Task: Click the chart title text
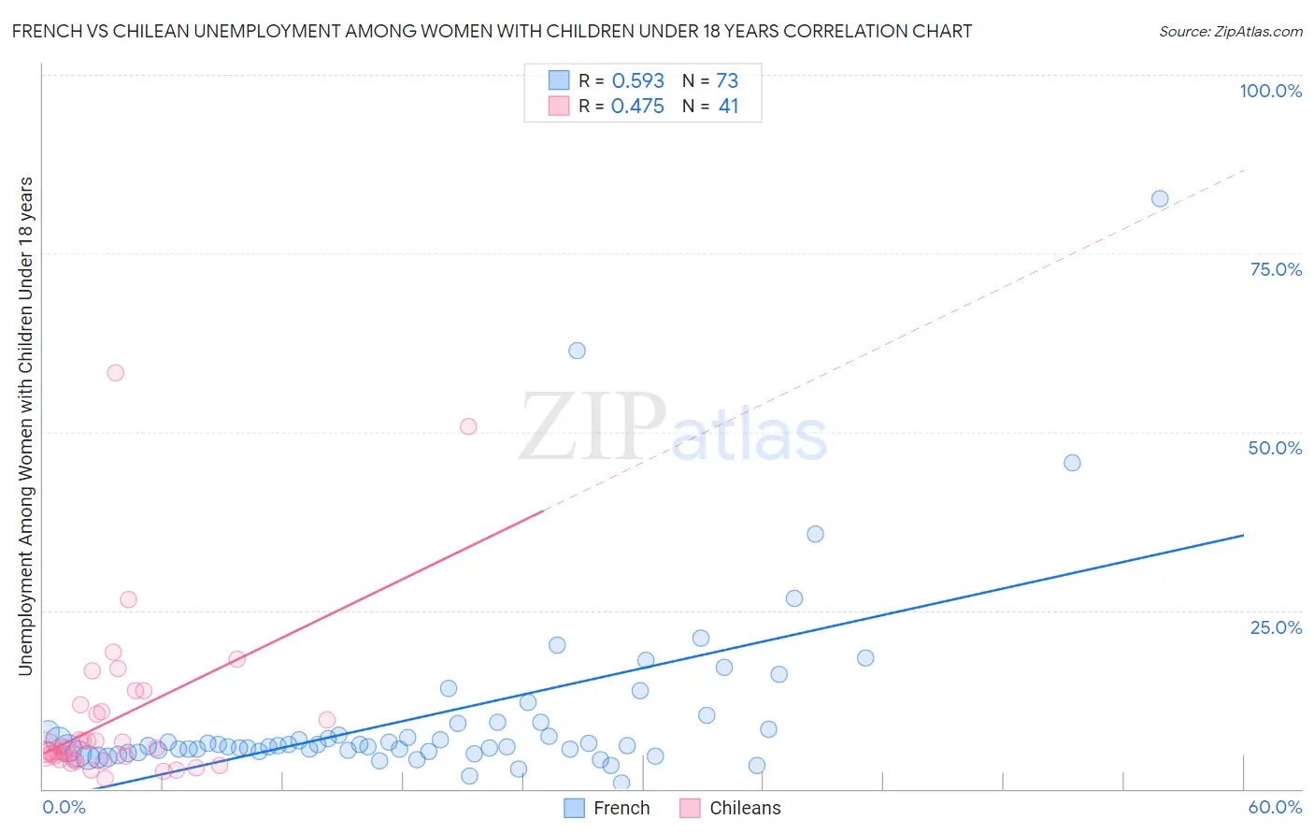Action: (x=492, y=31)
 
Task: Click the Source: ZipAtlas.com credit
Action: (x=1230, y=31)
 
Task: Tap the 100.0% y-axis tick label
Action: (x=1270, y=91)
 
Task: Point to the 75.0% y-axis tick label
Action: (x=1276, y=269)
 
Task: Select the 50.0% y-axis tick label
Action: (x=1275, y=448)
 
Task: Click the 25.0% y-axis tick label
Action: (x=1276, y=626)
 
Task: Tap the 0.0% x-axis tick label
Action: (x=64, y=807)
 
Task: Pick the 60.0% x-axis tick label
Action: (x=1275, y=807)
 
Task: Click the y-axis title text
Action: (x=25, y=425)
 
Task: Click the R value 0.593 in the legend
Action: (x=637, y=80)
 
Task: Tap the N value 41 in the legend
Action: (x=728, y=107)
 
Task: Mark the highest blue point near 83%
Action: (x=1160, y=198)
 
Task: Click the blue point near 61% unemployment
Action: (x=577, y=351)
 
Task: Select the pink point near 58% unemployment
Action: (x=116, y=372)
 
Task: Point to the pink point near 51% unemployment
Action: (x=468, y=426)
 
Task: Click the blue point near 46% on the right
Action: (x=1072, y=463)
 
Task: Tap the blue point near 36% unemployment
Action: (x=815, y=534)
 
